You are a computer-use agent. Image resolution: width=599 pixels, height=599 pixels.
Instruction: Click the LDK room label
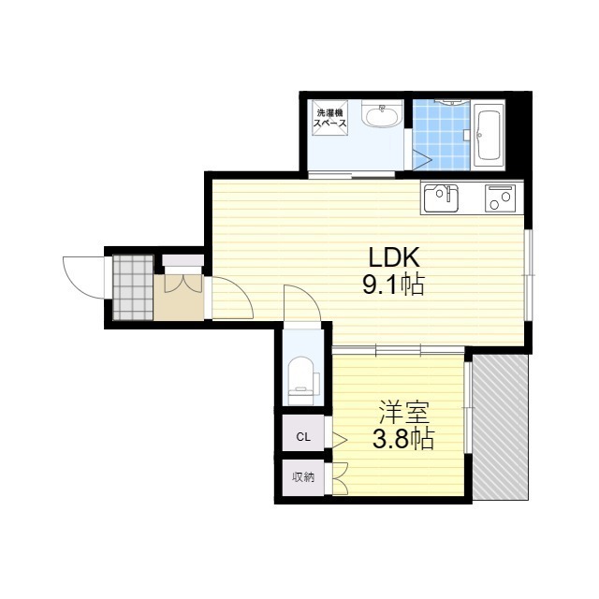pyautogui.click(x=394, y=258)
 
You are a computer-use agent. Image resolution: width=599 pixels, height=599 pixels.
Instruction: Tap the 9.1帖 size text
pyautogui.click(x=393, y=285)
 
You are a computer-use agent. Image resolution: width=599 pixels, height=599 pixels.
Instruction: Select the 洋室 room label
pyautogui.click(x=403, y=412)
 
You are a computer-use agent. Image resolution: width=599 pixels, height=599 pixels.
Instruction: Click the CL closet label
pyautogui.click(x=303, y=437)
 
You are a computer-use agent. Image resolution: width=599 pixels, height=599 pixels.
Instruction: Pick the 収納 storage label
pyautogui.click(x=303, y=476)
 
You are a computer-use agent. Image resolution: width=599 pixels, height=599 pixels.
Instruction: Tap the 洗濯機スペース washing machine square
pyautogui.click(x=330, y=118)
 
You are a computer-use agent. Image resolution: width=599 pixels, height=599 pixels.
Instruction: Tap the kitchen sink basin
pyautogui.click(x=440, y=197)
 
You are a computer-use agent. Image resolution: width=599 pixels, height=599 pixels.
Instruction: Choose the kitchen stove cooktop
pyautogui.click(x=500, y=197)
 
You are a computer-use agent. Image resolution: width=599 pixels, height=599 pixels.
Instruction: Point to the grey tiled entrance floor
pyautogui.click(x=133, y=287)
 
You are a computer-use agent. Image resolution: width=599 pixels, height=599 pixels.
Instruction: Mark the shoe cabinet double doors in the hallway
pyautogui.click(x=183, y=283)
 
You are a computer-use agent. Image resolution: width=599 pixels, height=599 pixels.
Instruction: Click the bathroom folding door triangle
pyautogui.click(x=422, y=158)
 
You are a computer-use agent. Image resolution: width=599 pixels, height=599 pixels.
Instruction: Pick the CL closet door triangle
pyautogui.click(x=339, y=440)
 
